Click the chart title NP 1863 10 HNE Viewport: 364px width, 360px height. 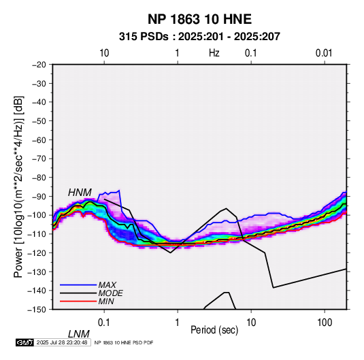tap(199, 19)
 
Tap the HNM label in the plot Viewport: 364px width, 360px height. tap(80, 193)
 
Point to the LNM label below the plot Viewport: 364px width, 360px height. tap(79, 334)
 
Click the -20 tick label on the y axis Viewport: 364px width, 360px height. tap(39, 65)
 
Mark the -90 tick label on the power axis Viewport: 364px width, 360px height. tap(39, 196)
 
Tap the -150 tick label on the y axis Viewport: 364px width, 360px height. tap(37, 310)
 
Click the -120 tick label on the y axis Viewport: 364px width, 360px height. tap(37, 252)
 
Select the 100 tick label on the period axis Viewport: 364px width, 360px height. tap(325, 323)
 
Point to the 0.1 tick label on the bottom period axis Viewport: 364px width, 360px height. tap(104, 323)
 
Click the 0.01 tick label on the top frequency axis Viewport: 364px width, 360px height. tap(324, 53)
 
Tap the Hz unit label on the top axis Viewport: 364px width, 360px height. tap(214, 53)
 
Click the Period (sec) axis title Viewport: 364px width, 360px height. tap(214, 330)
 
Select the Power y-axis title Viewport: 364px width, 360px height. tap(18, 186)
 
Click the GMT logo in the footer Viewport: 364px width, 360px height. tap(25, 342)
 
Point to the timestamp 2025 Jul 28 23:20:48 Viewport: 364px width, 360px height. tap(62, 342)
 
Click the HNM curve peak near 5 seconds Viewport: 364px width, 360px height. tap(226, 208)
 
